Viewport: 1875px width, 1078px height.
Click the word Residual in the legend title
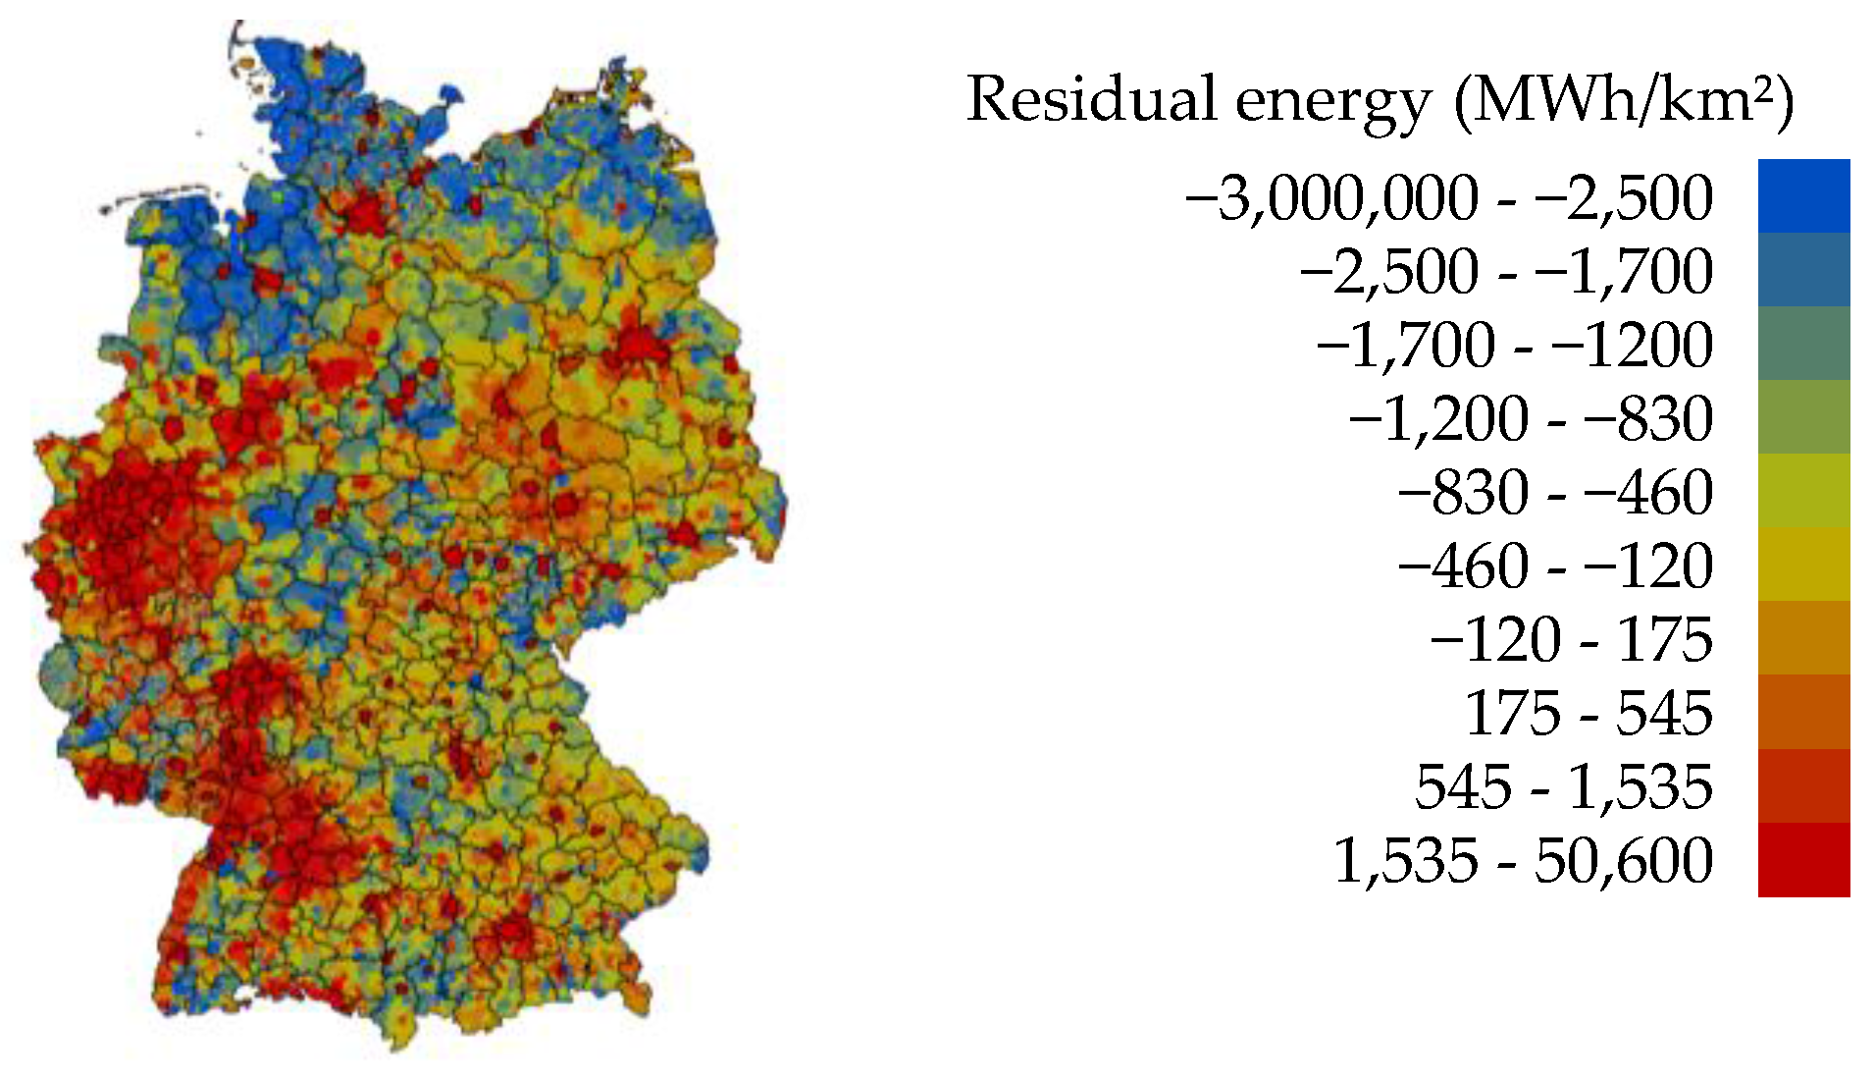(1091, 100)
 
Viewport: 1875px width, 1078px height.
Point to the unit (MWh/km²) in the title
(1624, 102)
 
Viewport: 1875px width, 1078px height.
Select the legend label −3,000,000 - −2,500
(1449, 198)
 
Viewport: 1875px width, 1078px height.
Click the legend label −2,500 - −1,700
(1506, 272)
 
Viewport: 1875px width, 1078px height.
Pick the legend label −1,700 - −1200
(1515, 346)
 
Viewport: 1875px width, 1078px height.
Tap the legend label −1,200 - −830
(1531, 419)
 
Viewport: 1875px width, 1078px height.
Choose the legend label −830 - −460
(1555, 493)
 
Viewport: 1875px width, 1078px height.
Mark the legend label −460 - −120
(1555, 566)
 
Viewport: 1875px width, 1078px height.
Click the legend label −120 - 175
(1572, 640)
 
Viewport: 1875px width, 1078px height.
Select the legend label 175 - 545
(1589, 714)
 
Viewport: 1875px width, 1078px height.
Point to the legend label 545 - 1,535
(1564, 787)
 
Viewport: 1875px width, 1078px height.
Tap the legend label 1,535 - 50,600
(1523, 861)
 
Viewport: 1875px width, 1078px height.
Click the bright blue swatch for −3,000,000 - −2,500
(1803, 196)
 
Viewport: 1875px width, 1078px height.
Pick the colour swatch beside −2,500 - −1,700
(1803, 270)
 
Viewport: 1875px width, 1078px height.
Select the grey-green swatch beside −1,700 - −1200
(1803, 344)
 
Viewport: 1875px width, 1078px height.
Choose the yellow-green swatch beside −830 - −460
(1803, 491)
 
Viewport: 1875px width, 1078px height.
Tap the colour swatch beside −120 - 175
(1803, 638)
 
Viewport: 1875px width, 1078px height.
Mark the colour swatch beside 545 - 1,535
(1803, 785)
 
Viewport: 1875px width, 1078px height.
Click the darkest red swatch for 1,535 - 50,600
(1803, 859)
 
